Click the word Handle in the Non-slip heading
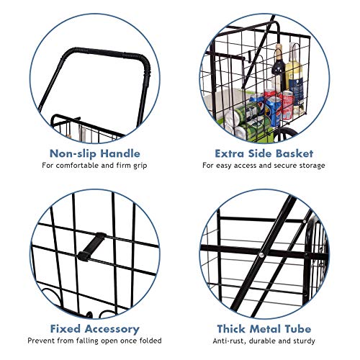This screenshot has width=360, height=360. pos(120,153)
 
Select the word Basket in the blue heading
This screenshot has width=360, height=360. pos(294,153)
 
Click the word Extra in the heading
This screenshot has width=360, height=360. pos(230,153)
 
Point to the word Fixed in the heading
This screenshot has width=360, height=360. pos(65,329)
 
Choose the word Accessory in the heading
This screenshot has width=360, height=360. pos(112,329)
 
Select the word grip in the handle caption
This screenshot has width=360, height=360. pos(140,166)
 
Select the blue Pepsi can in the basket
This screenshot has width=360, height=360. pos(274,111)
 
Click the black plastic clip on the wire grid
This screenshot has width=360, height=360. pos(92,246)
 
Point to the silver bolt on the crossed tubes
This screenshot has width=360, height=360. pos(261,255)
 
